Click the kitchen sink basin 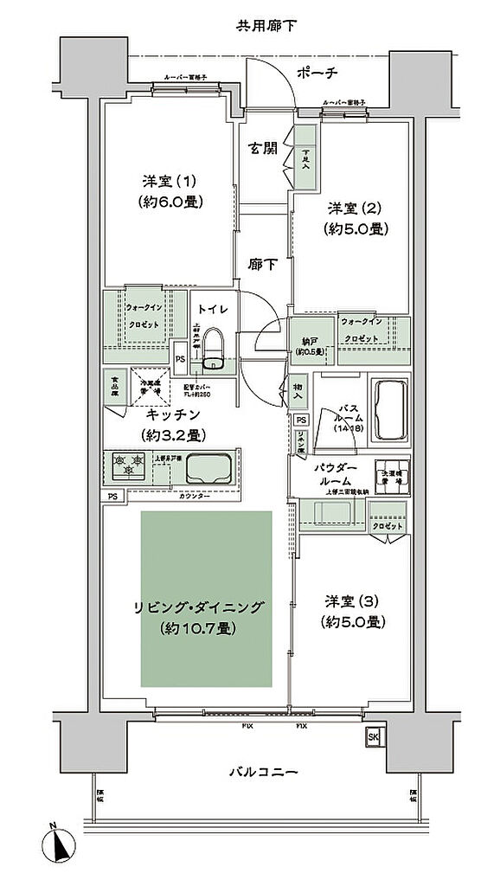pos(208,468)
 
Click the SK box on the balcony pos(373,736)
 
